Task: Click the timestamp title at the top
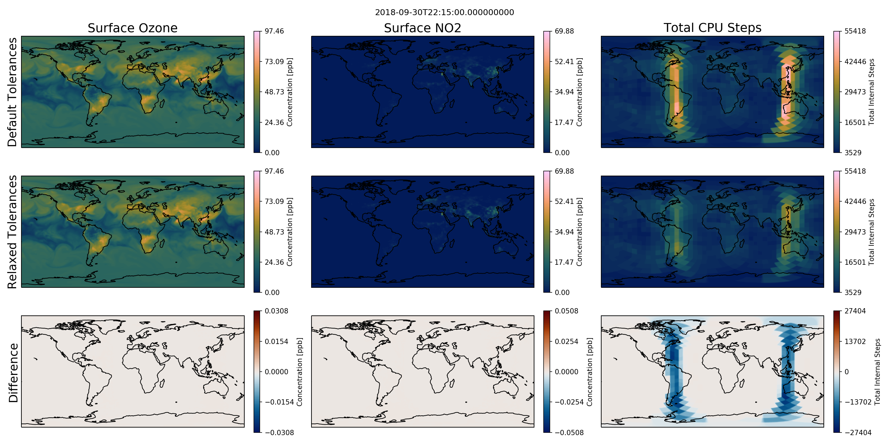click(444, 12)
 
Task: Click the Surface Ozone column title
click(132, 28)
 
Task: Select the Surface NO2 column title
click(422, 28)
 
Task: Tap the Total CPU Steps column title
click(712, 28)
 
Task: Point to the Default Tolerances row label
click(13, 92)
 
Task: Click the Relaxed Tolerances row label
click(13, 232)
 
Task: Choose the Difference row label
click(13, 373)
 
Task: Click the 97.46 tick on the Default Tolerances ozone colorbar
click(274, 31)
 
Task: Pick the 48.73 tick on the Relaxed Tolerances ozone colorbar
click(274, 232)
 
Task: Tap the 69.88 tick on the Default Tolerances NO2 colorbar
click(564, 31)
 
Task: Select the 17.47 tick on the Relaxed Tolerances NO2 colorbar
click(564, 262)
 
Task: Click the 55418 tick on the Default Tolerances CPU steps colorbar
click(855, 31)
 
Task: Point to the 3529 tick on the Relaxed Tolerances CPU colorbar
click(853, 292)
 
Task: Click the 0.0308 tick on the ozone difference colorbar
click(277, 311)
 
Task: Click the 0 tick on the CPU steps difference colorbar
click(847, 372)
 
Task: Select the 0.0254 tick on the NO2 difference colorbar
click(566, 342)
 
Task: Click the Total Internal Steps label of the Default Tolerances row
click(872, 92)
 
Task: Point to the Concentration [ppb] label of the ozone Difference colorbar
click(299, 372)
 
